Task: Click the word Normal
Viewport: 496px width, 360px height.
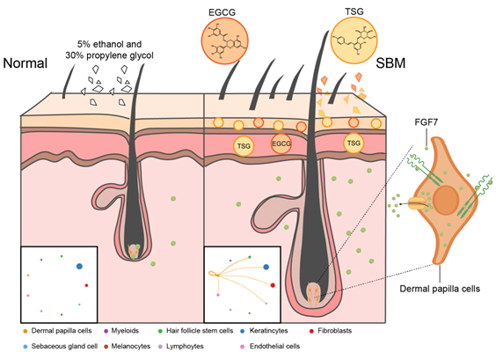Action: (26, 63)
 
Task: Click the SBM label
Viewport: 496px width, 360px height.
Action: (390, 63)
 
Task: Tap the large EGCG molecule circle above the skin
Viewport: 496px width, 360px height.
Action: (224, 40)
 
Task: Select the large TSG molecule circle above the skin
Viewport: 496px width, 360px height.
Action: (354, 40)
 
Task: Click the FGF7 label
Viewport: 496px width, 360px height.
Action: (427, 122)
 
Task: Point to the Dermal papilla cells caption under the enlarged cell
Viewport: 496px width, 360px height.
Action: (440, 289)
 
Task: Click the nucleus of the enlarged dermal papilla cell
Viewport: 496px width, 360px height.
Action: (446, 200)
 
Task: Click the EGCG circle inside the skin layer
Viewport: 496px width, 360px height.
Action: (281, 143)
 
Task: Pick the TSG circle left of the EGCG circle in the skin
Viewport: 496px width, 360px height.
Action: (244, 146)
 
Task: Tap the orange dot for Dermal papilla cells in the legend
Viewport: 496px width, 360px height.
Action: (26, 331)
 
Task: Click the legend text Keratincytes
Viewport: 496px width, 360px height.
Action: (268, 331)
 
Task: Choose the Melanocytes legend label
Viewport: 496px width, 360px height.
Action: (131, 347)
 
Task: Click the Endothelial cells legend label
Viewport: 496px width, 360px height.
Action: (274, 347)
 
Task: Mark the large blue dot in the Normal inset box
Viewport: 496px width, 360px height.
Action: (79, 267)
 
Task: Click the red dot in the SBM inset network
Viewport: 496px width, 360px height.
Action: (273, 285)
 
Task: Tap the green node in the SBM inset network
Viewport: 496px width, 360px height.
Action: (250, 257)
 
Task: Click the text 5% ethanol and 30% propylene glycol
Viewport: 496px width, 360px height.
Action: (109, 49)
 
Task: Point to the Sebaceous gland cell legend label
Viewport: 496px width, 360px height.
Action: (64, 347)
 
